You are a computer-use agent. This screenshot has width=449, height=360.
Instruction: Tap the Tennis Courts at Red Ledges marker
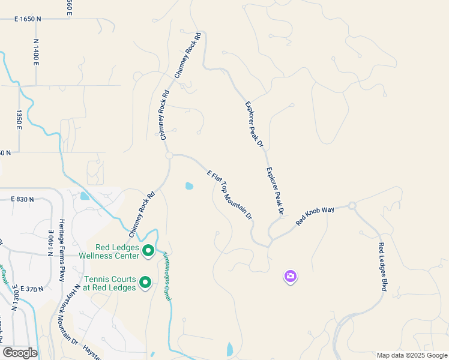pyautogui.click(x=145, y=282)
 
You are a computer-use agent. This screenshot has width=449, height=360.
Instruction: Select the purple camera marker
pyautogui.click(x=291, y=277)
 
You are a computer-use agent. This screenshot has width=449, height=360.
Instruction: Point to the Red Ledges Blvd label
pyautogui.click(x=382, y=267)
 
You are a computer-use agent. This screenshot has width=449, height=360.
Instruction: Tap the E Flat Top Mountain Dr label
pyautogui.click(x=230, y=194)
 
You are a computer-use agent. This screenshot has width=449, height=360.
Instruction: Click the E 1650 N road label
pyautogui.click(x=28, y=19)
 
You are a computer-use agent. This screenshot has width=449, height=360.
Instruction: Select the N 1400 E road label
pyautogui.click(x=36, y=56)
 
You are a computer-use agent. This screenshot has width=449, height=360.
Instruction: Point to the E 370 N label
pyautogui.click(x=32, y=289)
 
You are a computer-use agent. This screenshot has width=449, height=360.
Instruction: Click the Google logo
pyautogui.click(x=19, y=353)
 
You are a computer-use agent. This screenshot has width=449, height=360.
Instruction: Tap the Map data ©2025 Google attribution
pyautogui.click(x=412, y=355)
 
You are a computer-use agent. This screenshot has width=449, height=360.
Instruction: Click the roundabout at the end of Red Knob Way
pyautogui.click(x=352, y=206)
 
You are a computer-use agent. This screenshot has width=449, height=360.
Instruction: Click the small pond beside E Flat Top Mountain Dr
pyautogui.click(x=190, y=185)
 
